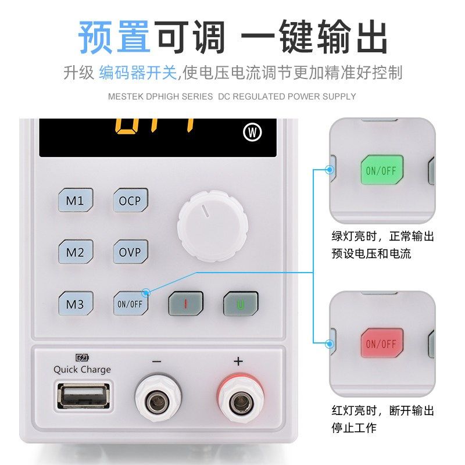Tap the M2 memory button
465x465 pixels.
[x=75, y=252]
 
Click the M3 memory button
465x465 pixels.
[x=75, y=303]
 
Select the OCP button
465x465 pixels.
[x=130, y=201]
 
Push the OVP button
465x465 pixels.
[x=130, y=252]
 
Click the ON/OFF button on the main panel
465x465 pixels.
[x=130, y=303]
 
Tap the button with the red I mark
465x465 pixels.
[x=185, y=303]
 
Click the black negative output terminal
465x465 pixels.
[x=156, y=402]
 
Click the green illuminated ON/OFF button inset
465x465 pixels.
[x=382, y=171]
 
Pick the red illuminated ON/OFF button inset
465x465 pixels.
[x=382, y=344]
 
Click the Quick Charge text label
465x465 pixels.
[x=82, y=370]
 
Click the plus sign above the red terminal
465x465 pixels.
[x=238, y=361]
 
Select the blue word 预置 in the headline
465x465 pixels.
[x=115, y=37]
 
